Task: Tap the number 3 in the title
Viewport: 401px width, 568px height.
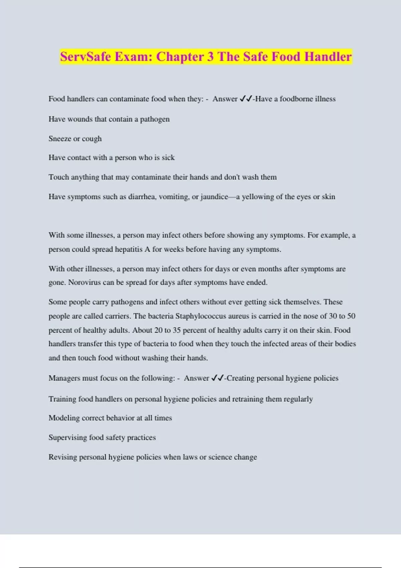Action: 210,56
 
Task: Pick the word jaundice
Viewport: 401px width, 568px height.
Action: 214,197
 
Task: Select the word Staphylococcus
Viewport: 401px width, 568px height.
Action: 197,316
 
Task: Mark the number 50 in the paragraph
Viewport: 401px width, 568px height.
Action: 351,316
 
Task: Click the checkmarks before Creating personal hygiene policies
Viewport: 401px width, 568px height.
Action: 218,378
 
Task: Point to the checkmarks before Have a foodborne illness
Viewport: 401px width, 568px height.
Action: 246,99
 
